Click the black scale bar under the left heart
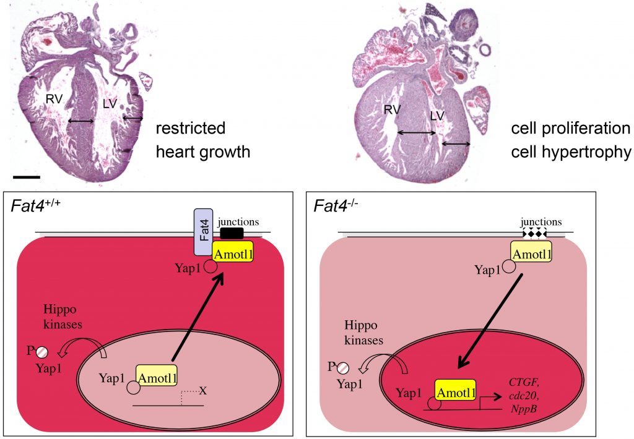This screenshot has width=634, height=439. [x=26, y=177]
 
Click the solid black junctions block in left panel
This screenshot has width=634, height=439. [x=232, y=234]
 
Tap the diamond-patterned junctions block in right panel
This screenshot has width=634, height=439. [x=535, y=234]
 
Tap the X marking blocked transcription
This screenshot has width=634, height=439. [x=202, y=391]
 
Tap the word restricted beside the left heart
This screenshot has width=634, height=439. [x=190, y=129]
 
